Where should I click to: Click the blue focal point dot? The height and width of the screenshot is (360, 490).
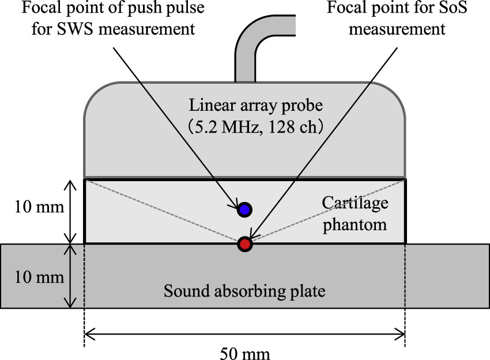click(x=244, y=209)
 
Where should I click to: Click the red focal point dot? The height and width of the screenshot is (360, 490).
click(x=245, y=244)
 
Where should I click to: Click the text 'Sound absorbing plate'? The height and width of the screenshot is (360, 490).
click(x=244, y=290)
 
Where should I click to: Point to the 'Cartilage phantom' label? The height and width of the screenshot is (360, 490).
click(x=355, y=213)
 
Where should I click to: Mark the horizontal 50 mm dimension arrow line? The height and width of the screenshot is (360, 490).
click(x=244, y=333)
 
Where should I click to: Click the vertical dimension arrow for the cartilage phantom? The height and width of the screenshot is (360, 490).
click(x=70, y=211)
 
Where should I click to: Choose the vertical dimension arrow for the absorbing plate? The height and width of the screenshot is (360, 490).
click(x=70, y=276)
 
